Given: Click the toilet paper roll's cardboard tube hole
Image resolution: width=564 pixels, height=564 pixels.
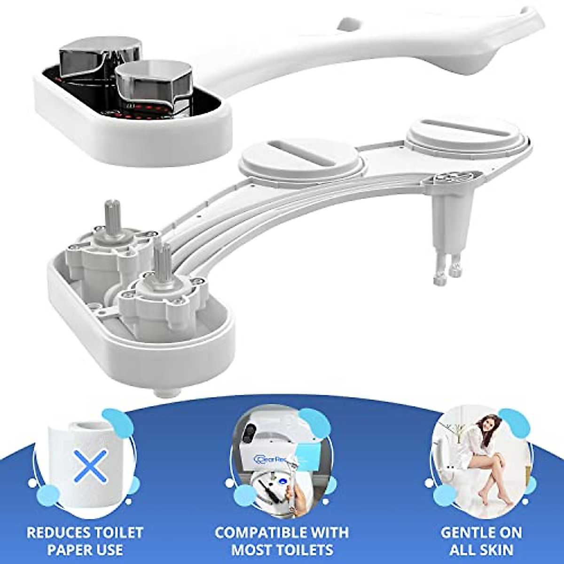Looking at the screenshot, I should (x=89, y=428).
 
